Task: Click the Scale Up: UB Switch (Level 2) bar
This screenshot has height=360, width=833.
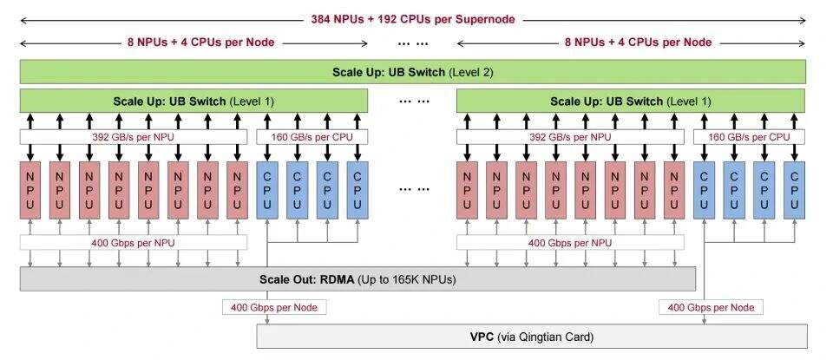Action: [413, 72]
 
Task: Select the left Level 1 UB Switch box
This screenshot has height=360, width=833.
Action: [193, 101]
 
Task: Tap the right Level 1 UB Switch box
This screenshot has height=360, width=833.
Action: [631, 101]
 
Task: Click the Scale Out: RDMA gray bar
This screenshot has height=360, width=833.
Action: [357, 279]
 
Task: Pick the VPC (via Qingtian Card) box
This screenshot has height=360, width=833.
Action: [532, 337]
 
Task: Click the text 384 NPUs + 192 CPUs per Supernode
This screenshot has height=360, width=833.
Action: [413, 20]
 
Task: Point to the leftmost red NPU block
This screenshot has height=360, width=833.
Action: [30, 190]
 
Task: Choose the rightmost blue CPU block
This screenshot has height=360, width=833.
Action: [794, 190]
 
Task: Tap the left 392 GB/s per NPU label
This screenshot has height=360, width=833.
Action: [134, 137]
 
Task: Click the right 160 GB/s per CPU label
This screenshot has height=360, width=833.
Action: [749, 137]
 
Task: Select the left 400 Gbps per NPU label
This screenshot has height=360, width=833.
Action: [134, 243]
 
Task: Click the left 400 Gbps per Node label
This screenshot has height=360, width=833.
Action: [274, 307]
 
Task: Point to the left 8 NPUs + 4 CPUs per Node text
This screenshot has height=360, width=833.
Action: [200, 43]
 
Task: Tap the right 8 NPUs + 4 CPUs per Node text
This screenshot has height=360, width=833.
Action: [638, 43]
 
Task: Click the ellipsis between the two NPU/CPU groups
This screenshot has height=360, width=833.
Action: [413, 189]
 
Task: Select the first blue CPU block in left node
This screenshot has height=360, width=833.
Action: [267, 190]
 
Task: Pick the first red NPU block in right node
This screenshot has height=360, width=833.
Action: [467, 190]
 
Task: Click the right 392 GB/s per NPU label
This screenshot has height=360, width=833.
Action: [570, 137]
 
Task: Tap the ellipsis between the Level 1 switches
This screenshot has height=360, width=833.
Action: [413, 101]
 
